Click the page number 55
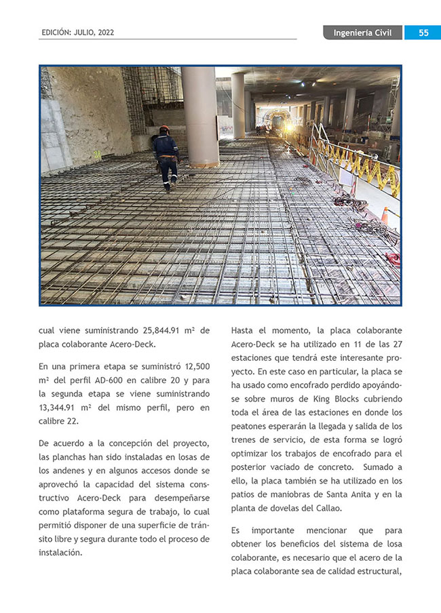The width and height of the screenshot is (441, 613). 423,33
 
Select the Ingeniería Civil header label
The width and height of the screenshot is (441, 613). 362,33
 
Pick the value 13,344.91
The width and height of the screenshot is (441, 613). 60,408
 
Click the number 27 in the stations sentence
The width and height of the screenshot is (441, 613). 397,344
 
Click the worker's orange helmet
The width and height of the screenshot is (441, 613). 164,128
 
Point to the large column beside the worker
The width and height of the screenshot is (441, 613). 199,115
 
